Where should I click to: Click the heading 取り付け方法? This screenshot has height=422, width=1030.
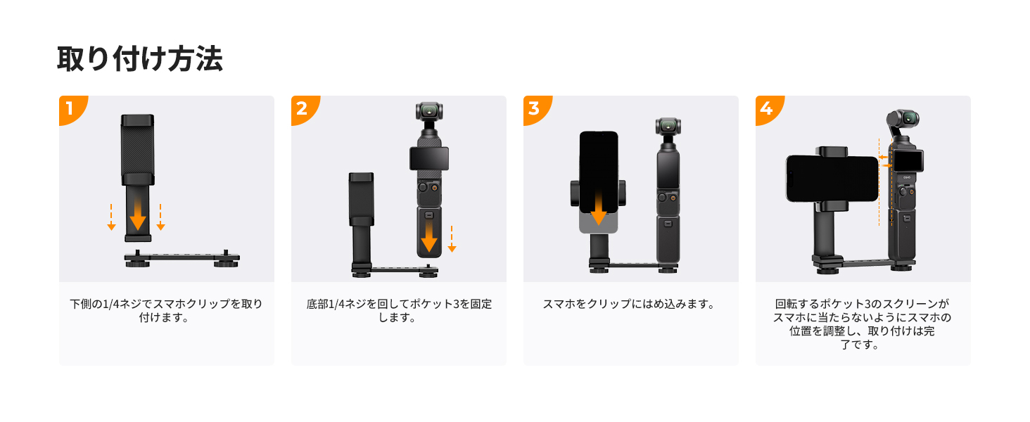pyautogui.click(x=140, y=59)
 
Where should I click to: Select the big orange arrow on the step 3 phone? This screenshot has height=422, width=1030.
pyautogui.click(x=598, y=207)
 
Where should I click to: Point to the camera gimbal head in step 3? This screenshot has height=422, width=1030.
pyautogui.click(x=668, y=127)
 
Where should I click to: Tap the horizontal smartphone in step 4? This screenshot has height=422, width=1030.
pyautogui.click(x=832, y=179)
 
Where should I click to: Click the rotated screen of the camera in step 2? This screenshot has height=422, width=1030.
pyautogui.click(x=429, y=158)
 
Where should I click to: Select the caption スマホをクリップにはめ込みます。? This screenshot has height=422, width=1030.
pyautogui.click(x=630, y=304)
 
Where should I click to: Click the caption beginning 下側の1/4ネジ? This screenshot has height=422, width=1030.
pyautogui.click(x=166, y=310)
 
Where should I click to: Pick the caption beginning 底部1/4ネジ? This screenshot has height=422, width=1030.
pyautogui.click(x=399, y=310)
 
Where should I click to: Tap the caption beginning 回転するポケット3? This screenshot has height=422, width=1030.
pyautogui.click(x=862, y=324)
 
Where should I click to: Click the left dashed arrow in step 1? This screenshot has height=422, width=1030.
pyautogui.click(x=111, y=217)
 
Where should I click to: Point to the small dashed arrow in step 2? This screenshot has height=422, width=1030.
pyautogui.click(x=452, y=239)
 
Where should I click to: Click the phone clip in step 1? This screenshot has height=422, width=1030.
pyautogui.click(x=137, y=178)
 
